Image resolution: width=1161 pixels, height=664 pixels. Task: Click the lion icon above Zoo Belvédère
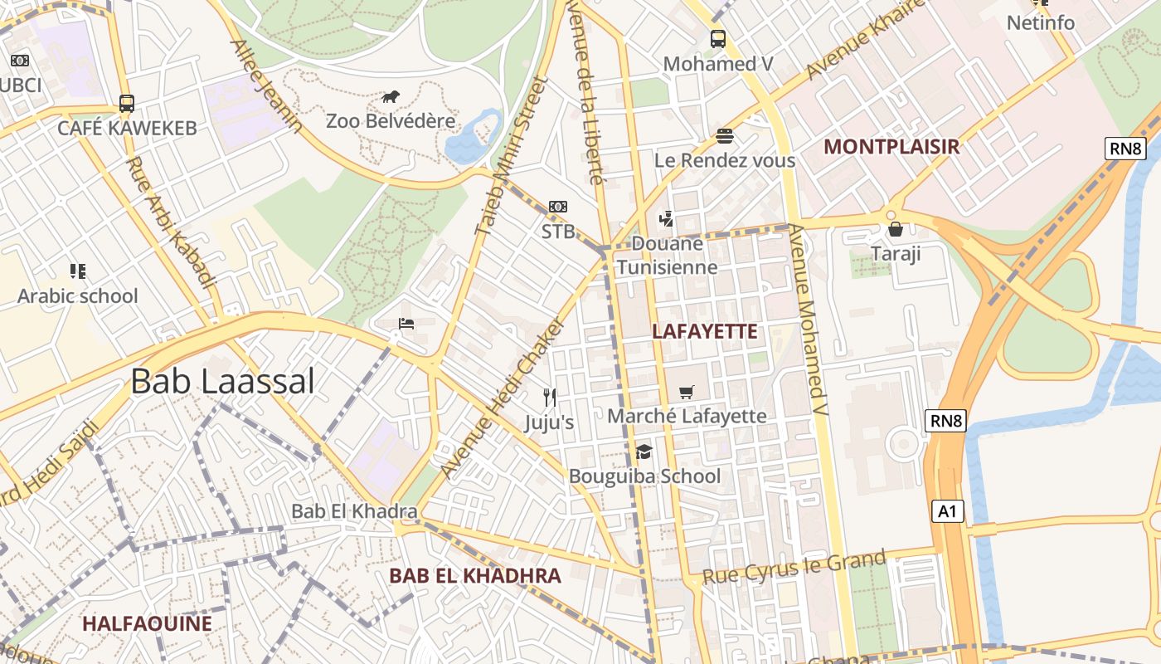pos(391,96)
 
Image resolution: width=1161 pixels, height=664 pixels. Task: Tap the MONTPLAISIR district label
pos(891,147)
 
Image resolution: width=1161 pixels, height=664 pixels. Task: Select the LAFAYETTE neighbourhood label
pos(704,331)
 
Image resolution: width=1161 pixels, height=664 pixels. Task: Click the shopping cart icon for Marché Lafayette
pos(686,392)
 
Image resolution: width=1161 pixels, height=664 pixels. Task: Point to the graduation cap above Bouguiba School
pos(644,452)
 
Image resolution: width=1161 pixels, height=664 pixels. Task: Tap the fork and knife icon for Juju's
pos(549,398)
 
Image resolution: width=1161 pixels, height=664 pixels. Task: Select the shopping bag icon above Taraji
pos(895,229)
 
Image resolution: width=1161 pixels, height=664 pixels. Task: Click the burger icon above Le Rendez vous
pos(725,136)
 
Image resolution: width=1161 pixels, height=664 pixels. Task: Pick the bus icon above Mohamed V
pos(718,38)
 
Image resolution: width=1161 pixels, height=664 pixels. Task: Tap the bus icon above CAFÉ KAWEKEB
pos(127,103)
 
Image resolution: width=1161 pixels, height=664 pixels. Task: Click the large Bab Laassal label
pos(222,382)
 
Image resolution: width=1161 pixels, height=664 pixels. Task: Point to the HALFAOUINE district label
pos(147,623)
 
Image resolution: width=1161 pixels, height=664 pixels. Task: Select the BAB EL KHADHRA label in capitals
pos(475,575)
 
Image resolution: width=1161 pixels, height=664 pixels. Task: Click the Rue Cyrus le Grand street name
pos(794,567)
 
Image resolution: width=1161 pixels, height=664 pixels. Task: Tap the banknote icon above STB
pos(558,207)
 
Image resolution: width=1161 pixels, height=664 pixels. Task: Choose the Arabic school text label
pos(78,295)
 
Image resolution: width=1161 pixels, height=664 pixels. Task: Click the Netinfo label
pos(1040,22)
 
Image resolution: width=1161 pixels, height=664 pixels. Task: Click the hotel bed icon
pos(406,323)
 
